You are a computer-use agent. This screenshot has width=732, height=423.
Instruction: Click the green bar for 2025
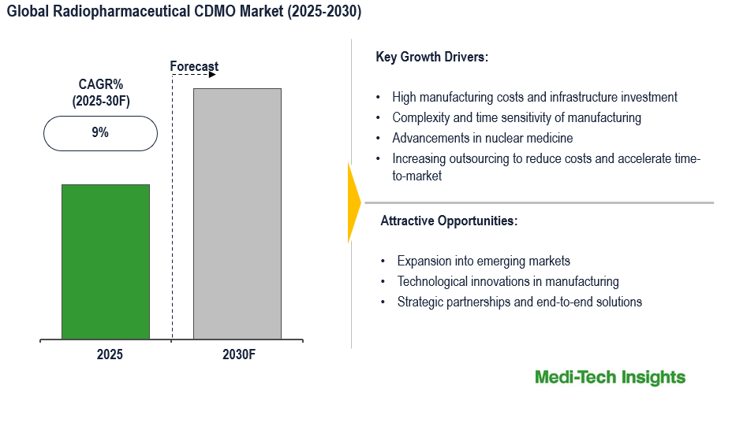pos(106,262)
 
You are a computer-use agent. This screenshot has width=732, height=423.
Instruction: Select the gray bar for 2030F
pos(237,213)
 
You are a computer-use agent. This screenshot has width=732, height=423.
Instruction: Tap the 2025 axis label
pos(110,354)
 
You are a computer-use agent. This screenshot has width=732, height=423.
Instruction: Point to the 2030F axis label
pos(239,354)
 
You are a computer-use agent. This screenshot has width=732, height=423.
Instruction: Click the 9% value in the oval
pos(100,133)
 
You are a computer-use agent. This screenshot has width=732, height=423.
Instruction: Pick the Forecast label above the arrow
pos(194,66)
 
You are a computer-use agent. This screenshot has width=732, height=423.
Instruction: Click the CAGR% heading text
pos(100,84)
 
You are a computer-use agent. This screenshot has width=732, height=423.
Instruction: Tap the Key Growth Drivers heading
pos(432,57)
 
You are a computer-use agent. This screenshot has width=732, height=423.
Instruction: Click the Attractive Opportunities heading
pos(449,221)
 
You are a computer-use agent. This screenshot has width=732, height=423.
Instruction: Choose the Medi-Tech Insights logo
pos(610,377)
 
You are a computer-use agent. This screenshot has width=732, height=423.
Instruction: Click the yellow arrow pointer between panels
pos(353,202)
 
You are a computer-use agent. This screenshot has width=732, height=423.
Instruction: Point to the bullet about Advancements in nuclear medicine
pos(483,138)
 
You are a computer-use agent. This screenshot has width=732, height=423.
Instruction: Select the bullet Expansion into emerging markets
pos(483,261)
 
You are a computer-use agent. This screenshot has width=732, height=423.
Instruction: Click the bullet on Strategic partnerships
pos(519,302)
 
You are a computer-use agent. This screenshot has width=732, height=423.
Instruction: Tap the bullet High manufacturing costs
pos(535,97)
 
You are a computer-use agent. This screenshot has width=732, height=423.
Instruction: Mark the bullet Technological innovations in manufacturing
pos(508,281)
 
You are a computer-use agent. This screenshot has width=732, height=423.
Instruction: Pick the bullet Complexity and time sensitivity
pos(517,117)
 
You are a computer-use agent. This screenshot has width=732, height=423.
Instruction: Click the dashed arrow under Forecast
pos(194,76)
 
